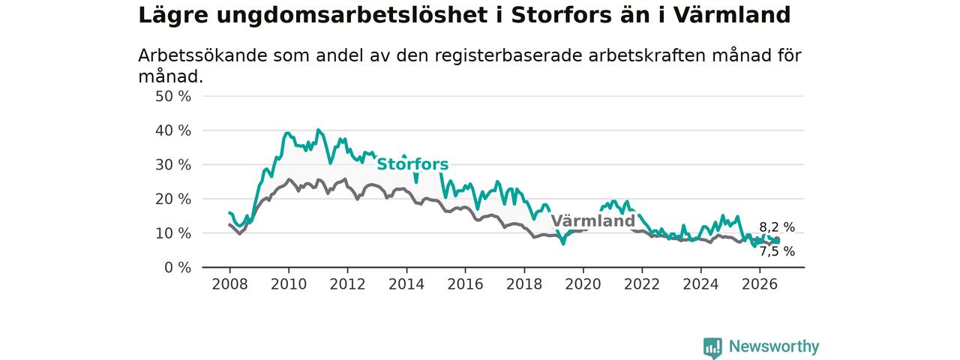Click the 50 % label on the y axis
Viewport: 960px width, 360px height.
click(173, 97)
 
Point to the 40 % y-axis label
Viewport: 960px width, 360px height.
click(173, 130)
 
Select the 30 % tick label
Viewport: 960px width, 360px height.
click(173, 165)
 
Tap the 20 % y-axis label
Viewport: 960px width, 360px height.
click(173, 199)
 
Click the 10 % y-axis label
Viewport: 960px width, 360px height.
click(173, 233)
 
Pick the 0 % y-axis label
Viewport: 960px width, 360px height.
click(178, 268)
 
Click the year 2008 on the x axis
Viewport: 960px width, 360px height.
click(229, 284)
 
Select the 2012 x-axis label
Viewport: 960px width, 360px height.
click(347, 284)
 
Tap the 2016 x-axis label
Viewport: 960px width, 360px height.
click(466, 284)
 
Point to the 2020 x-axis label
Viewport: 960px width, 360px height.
click(583, 284)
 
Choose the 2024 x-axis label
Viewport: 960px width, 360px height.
click(700, 284)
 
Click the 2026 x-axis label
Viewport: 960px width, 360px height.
click(760, 284)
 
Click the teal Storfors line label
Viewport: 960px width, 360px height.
click(412, 164)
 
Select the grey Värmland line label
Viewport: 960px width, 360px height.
click(592, 221)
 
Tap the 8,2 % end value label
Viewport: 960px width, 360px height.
click(777, 227)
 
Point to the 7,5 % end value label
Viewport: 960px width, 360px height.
click(777, 251)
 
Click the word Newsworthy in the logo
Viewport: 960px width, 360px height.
click(774, 346)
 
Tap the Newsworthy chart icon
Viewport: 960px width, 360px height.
click(712, 347)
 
